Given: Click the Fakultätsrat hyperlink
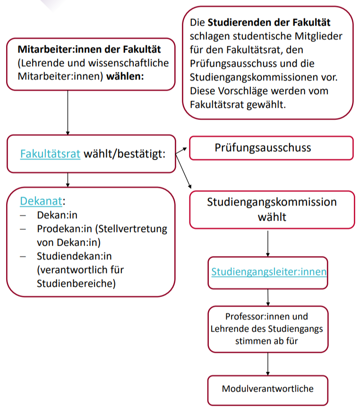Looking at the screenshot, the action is pos(50,154).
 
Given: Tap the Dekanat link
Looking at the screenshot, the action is pos(41,201).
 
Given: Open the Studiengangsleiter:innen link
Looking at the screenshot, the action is pos(269,272).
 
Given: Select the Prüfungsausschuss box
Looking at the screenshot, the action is pos(271,148).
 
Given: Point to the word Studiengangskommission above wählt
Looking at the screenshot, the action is pos(272,202).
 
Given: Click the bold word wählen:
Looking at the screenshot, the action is pos(125,76).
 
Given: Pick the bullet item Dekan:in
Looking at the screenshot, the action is pos(57,215).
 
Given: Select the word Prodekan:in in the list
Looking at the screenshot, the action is pos(65,229).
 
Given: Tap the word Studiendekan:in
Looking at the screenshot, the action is pos(74,256).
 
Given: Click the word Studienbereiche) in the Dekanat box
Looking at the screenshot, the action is pos(76,284).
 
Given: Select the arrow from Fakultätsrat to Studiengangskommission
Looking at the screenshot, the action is pos(183,171).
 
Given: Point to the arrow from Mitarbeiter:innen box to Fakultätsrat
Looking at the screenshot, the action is pos(68,113).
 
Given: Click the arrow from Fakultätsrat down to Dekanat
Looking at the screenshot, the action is pos(68,180).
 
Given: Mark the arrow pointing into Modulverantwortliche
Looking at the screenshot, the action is pos(268,364).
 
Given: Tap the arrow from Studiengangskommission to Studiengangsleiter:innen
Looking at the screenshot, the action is pos(268,244).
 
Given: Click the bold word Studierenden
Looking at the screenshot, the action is pos(240,23).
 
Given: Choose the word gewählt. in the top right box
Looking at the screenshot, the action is pos(266,105).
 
